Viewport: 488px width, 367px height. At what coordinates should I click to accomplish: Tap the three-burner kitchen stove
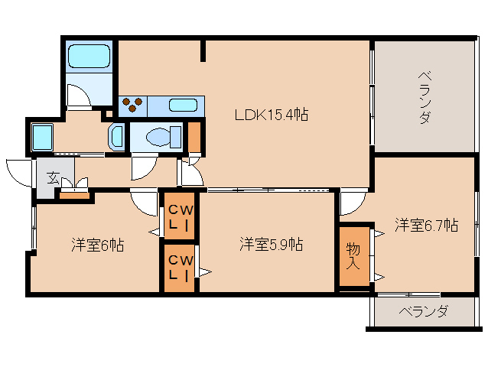tap(132, 103)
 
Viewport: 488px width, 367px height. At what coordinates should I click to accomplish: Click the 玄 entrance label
tap(53, 177)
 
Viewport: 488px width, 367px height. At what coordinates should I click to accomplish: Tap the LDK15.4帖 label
tap(271, 115)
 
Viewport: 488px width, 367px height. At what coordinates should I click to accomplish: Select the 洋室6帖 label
tap(97, 245)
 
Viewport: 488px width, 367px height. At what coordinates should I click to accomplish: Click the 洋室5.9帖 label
tap(271, 245)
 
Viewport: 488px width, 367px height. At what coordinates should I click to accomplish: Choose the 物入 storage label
tap(353, 256)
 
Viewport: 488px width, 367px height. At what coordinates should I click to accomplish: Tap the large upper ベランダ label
tap(423, 98)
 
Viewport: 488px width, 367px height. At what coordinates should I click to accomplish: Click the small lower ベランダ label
tap(422, 312)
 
